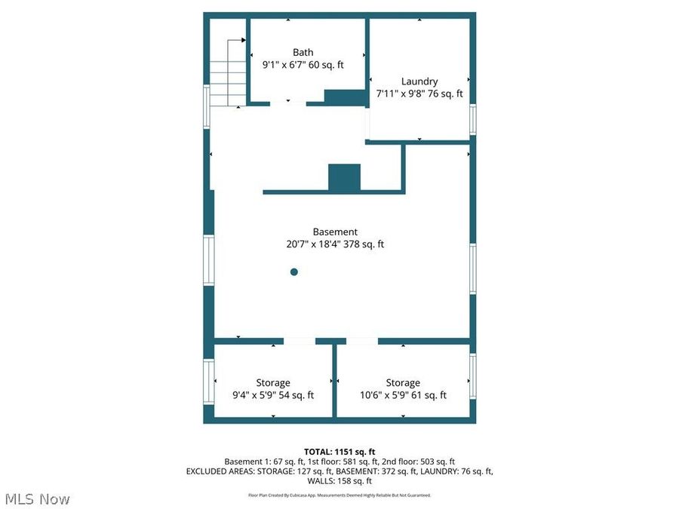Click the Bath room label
(x=303, y=52)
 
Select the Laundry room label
(x=419, y=81)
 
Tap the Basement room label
(x=335, y=232)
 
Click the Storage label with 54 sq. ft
(x=272, y=383)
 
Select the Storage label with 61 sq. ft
(x=403, y=383)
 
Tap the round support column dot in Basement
(x=294, y=272)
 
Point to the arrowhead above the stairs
(x=243, y=39)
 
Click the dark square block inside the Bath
(x=345, y=97)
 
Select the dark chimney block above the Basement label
(x=345, y=177)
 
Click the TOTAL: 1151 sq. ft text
(x=339, y=452)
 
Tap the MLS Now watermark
(x=37, y=499)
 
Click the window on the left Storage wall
(x=208, y=381)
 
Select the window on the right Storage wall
(x=473, y=377)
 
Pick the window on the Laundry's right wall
(x=473, y=119)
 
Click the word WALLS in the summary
(x=322, y=480)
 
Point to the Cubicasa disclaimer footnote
(x=339, y=495)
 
